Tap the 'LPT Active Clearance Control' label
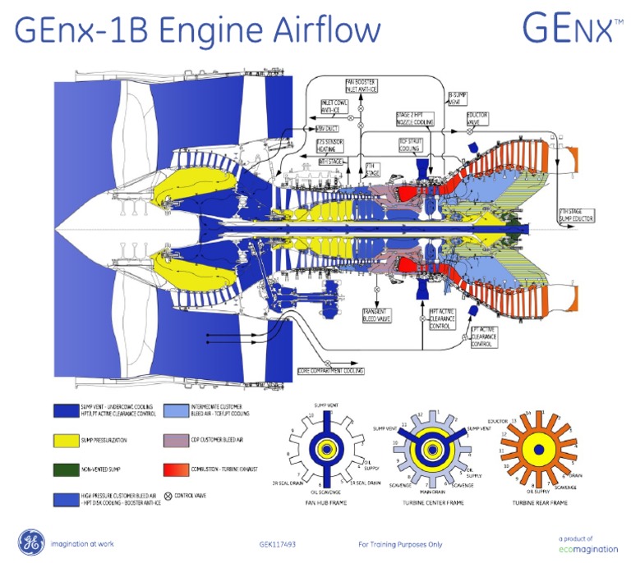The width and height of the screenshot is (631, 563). point(485,338)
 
